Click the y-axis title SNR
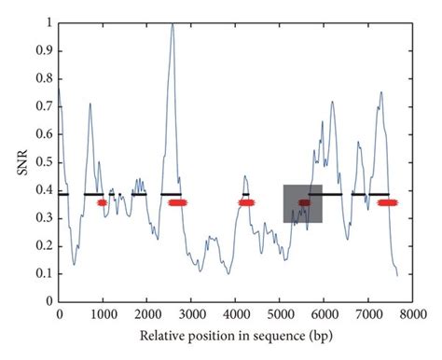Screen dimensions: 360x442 click(13, 161)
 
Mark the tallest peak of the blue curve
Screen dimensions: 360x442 click(173, 23)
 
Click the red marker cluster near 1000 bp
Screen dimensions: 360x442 click(103, 202)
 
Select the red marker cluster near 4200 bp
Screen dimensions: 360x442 click(245, 202)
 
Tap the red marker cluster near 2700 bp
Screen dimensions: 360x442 click(176, 202)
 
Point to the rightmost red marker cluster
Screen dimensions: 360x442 click(387, 202)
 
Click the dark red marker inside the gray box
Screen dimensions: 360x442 click(305, 202)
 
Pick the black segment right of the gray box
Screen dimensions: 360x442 click(325, 194)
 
